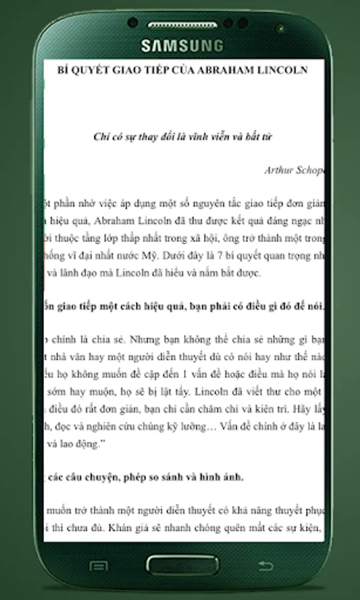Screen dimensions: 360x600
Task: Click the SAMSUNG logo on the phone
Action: coord(181,45)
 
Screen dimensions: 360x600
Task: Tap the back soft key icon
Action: coord(265,567)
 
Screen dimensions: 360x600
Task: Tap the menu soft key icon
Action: coord(99,567)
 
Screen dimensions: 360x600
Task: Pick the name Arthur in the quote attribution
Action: coord(277,170)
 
